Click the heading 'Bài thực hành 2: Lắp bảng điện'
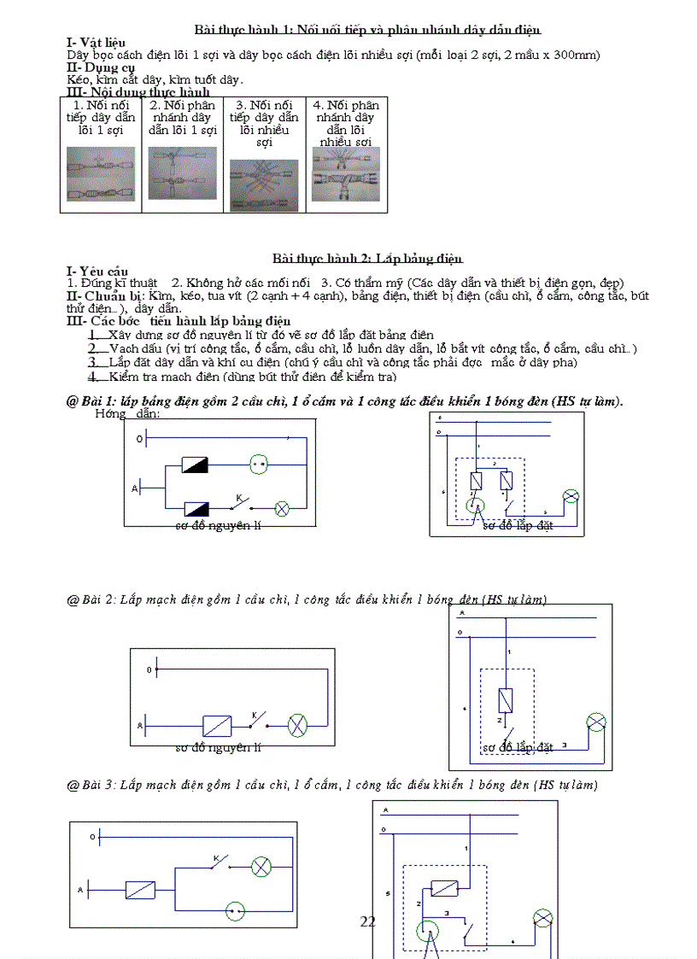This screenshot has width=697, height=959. tap(367, 258)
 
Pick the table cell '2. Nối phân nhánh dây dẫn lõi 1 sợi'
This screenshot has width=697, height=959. tap(182, 118)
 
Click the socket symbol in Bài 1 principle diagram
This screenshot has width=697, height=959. tap(260, 465)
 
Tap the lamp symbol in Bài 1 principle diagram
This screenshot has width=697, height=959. tap(282, 508)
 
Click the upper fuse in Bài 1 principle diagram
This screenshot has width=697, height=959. tap(196, 465)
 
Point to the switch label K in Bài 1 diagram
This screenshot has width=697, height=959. tap(237, 496)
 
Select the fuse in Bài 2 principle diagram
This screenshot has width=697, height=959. tap(216, 725)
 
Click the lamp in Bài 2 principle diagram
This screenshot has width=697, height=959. tap(297, 725)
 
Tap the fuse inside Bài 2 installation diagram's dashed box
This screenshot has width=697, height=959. tap(506, 700)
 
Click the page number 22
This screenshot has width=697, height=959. tap(368, 921)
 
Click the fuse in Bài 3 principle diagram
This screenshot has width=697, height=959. tap(139, 890)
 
